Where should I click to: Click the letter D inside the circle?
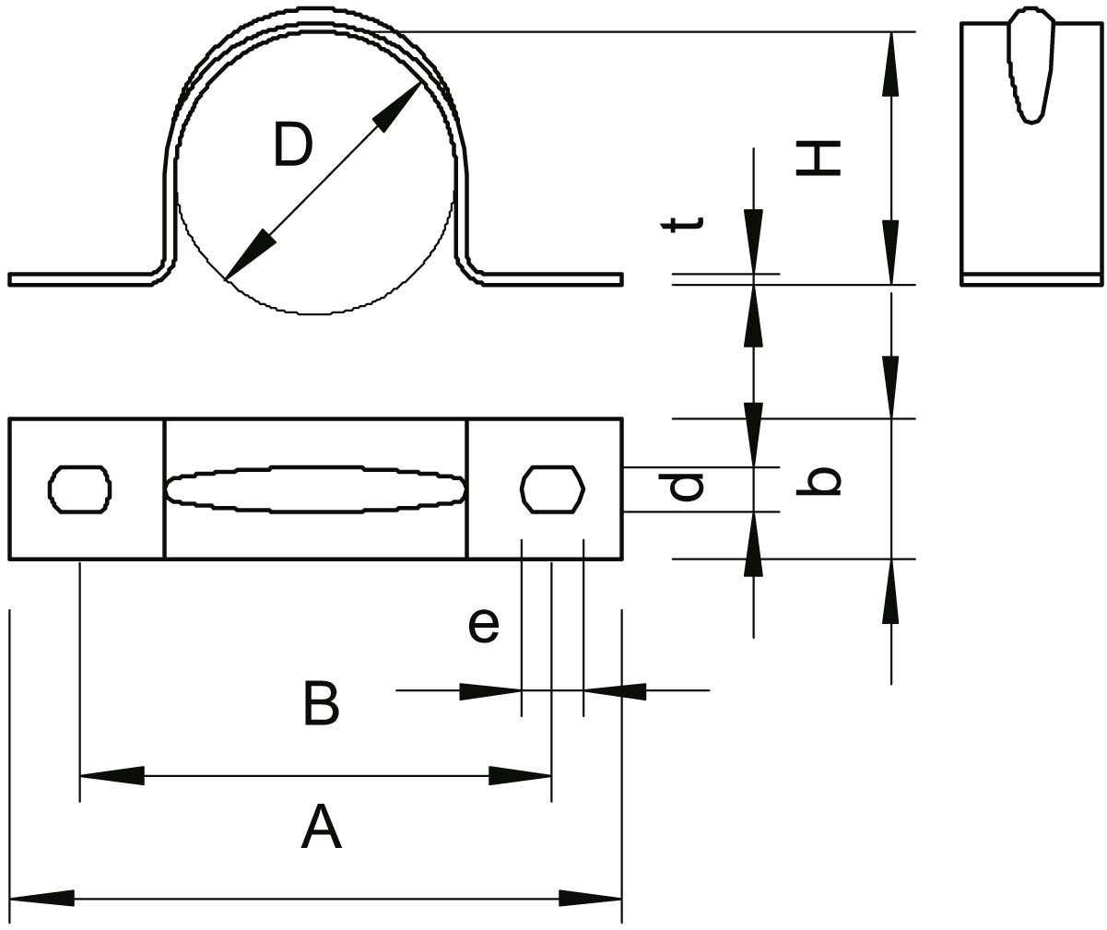tap(293, 144)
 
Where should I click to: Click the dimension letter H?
tap(818, 158)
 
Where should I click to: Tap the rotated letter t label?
tap(683, 225)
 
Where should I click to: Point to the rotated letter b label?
tap(818, 481)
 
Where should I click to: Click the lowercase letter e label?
tap(484, 626)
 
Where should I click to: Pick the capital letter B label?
tap(322, 703)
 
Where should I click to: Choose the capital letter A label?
tap(322, 827)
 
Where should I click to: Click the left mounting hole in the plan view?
tap(79, 489)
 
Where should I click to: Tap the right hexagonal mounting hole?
tap(552, 489)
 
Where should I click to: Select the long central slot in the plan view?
tap(316, 489)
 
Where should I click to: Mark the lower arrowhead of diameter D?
tap(250, 254)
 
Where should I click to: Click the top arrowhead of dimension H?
tap(890, 64)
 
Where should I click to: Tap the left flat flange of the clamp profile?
tap(85, 279)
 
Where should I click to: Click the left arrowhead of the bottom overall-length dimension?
tap(41, 898)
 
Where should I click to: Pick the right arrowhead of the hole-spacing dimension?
tap(520, 776)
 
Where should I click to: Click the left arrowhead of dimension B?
tap(490, 691)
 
